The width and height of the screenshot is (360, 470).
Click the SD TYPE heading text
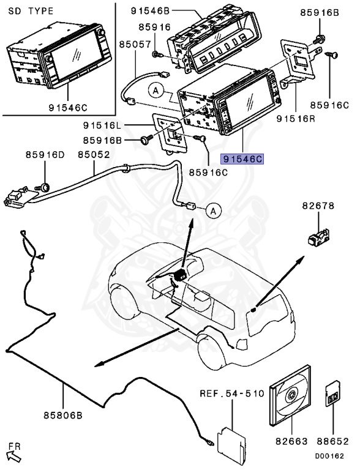coord(31,12)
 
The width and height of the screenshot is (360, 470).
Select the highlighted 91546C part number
coord(242,159)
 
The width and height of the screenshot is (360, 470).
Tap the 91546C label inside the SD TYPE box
coord(68,108)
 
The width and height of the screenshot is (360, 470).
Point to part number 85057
coord(135,44)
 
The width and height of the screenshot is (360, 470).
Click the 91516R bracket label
coord(296,119)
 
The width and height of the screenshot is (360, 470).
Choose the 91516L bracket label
coord(102,125)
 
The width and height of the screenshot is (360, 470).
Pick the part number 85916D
coord(45,155)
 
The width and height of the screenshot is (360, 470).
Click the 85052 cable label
coord(94,155)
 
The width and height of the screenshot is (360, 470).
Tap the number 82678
coord(318,206)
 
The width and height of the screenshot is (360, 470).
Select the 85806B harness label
coord(63,416)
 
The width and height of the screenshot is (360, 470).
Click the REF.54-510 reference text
coord(232,394)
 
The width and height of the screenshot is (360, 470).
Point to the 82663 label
coord(291,441)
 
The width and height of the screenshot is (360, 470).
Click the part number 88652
coord(333,441)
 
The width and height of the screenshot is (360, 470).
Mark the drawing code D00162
coord(329,456)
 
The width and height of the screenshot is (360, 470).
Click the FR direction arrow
coord(14,455)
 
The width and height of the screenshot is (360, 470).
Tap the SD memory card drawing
coord(332,394)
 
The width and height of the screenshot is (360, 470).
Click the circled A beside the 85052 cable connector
coord(213,211)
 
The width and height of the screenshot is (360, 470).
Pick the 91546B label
coord(150,11)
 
